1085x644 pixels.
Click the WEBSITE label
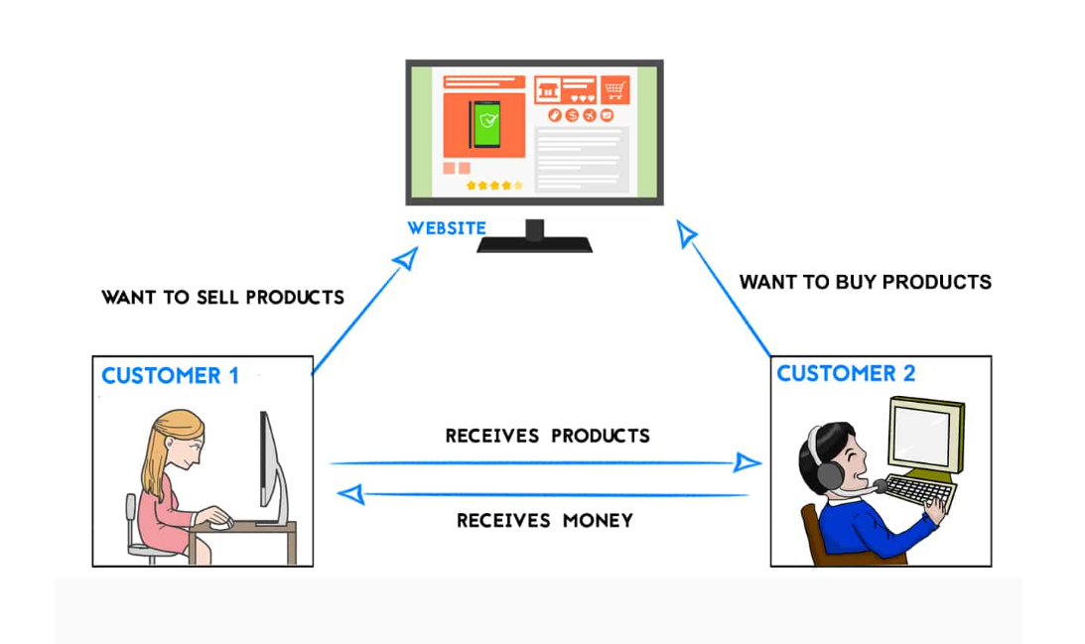tap(447, 228)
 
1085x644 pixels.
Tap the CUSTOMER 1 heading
tap(170, 376)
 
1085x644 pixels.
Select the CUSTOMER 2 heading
tap(846, 373)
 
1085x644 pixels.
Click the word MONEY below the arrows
tap(598, 520)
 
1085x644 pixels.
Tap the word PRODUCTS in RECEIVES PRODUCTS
tap(601, 436)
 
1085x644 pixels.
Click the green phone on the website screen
tap(485, 124)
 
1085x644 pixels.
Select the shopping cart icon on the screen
tap(615, 90)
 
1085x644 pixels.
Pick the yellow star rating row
tap(494, 186)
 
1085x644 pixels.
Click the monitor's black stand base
tap(534, 244)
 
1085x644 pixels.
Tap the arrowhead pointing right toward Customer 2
tap(747, 462)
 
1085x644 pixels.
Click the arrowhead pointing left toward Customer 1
tap(350, 494)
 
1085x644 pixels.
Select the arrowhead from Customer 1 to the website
tap(406, 259)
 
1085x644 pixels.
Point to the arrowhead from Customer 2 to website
tap(685, 233)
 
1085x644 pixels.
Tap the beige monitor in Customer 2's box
tap(926, 435)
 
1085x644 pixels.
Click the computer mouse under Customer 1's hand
tap(221, 525)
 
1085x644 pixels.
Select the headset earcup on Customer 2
tap(830, 475)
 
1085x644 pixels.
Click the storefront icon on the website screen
tap(548, 90)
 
